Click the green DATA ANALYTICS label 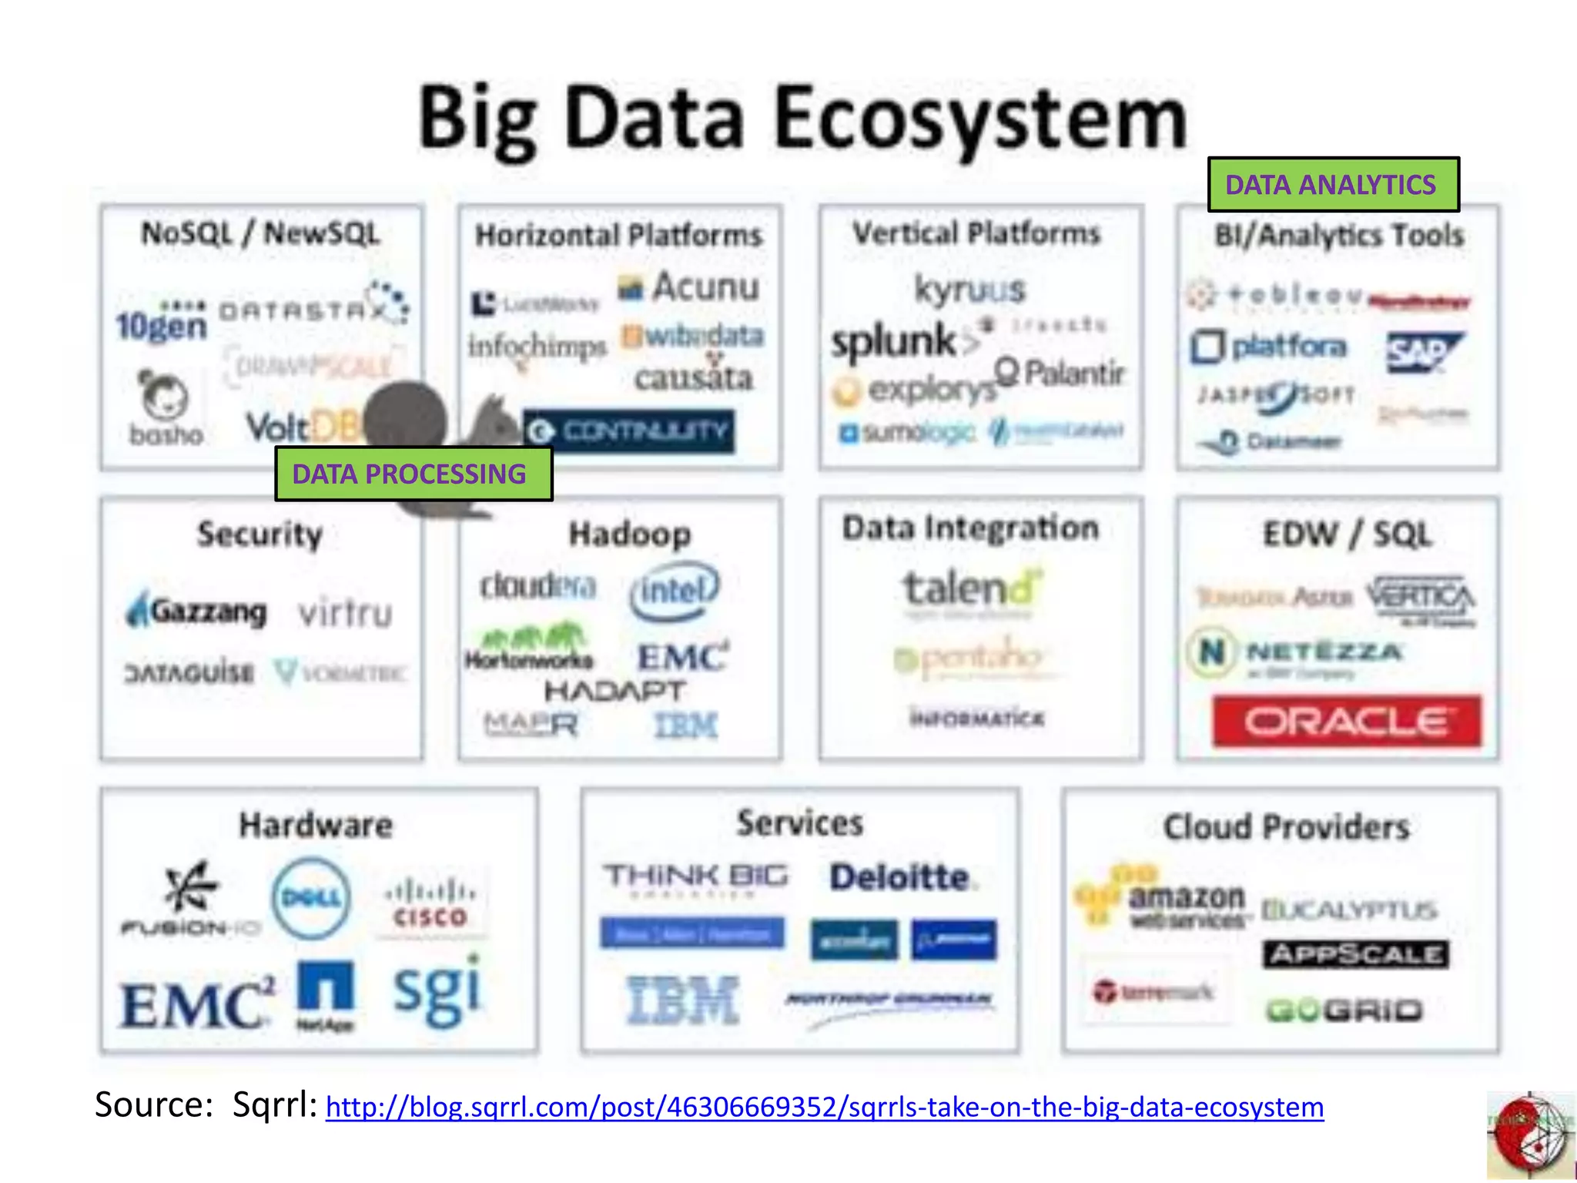coord(1333,185)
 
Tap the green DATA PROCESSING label coord(413,474)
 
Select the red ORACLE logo coord(1346,722)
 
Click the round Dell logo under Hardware coord(311,898)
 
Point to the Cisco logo coord(430,905)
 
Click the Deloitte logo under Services coord(899,877)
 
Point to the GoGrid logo coord(1344,1010)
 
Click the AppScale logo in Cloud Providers coord(1355,955)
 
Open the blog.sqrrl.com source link coord(824,1108)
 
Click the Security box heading coord(259,535)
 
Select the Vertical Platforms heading coord(976,233)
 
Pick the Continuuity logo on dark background coord(629,431)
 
